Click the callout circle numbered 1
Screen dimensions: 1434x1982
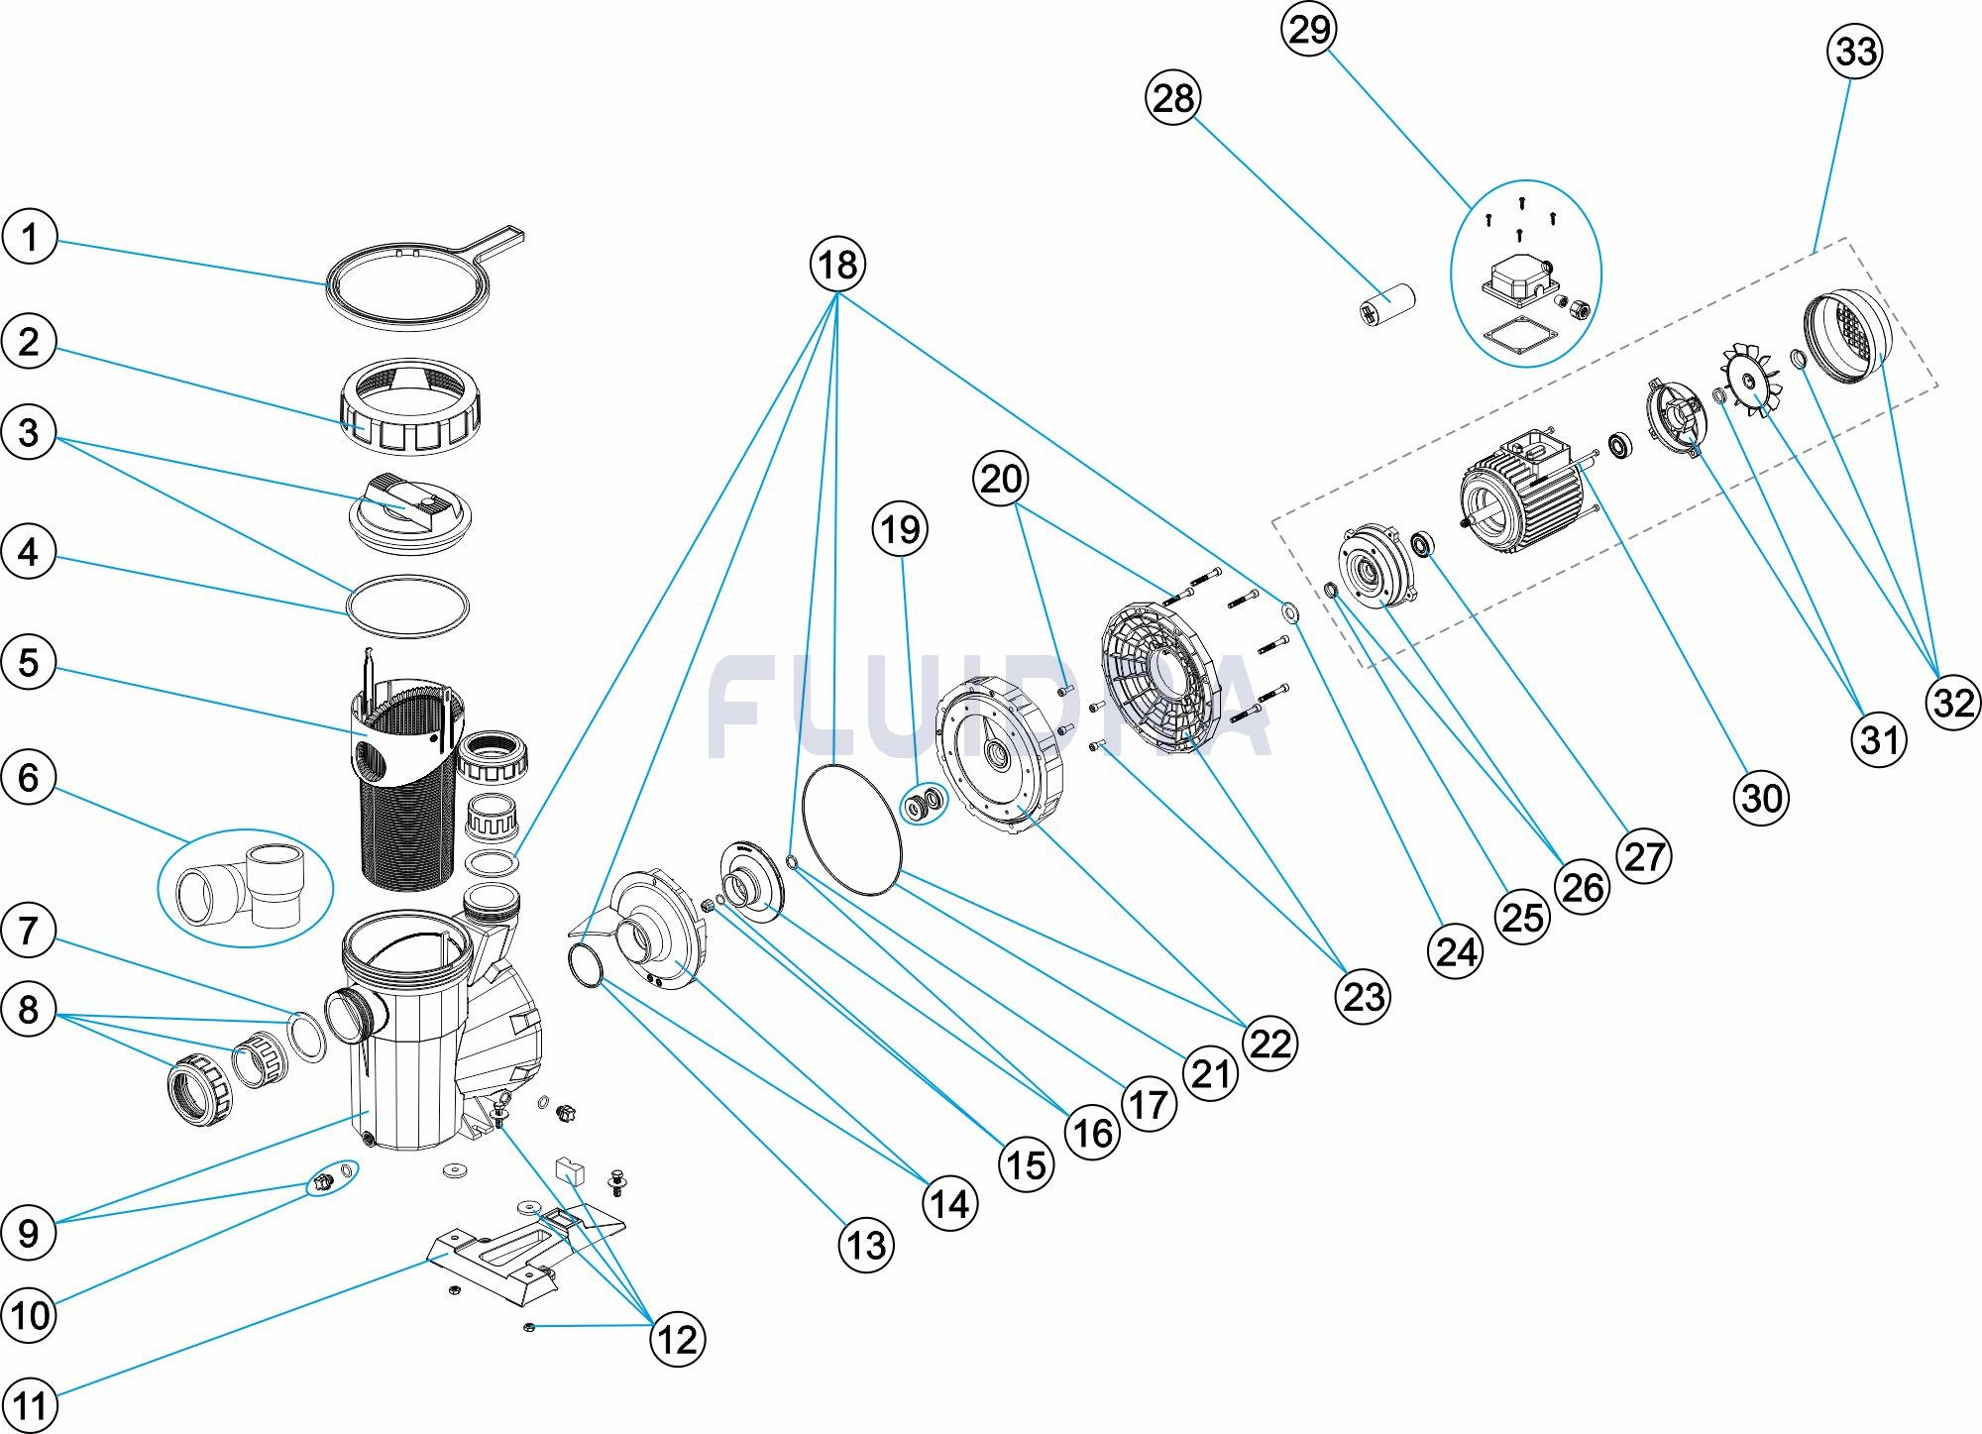[x=30, y=238]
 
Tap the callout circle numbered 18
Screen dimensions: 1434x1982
[x=837, y=265]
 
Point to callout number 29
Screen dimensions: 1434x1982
[x=1308, y=29]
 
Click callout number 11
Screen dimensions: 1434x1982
[x=30, y=1405]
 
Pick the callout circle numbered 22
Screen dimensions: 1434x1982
[x=1270, y=1043]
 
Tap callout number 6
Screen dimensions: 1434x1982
[x=29, y=777]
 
